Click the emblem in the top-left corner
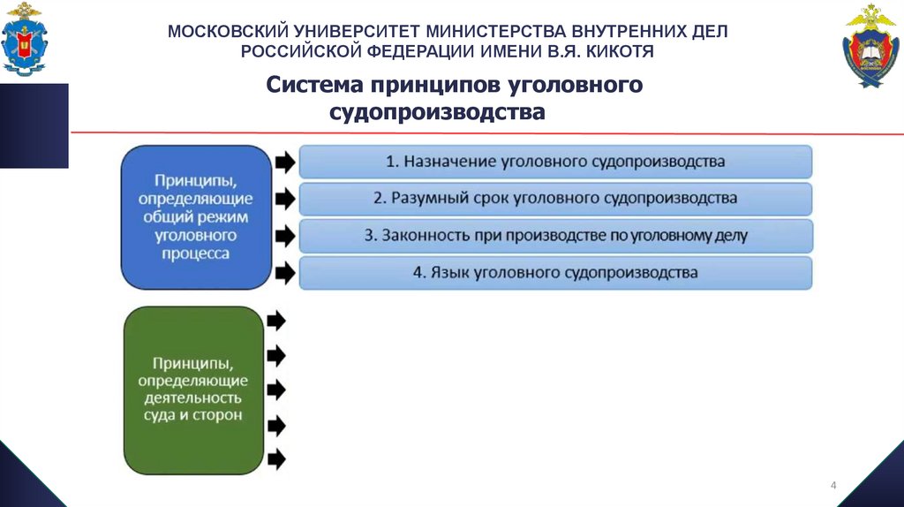point(25,38)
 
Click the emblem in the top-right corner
point(870,45)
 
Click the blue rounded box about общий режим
point(196,216)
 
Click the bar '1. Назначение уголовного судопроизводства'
point(555,162)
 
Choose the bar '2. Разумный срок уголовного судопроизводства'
point(555,199)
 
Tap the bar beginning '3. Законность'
point(555,236)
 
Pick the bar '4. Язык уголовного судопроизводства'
point(555,273)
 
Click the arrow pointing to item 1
point(285,163)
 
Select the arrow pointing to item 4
point(285,273)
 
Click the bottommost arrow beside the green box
point(276,458)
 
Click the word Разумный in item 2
point(420,199)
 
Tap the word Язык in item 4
point(450,273)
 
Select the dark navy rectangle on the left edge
point(34,125)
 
